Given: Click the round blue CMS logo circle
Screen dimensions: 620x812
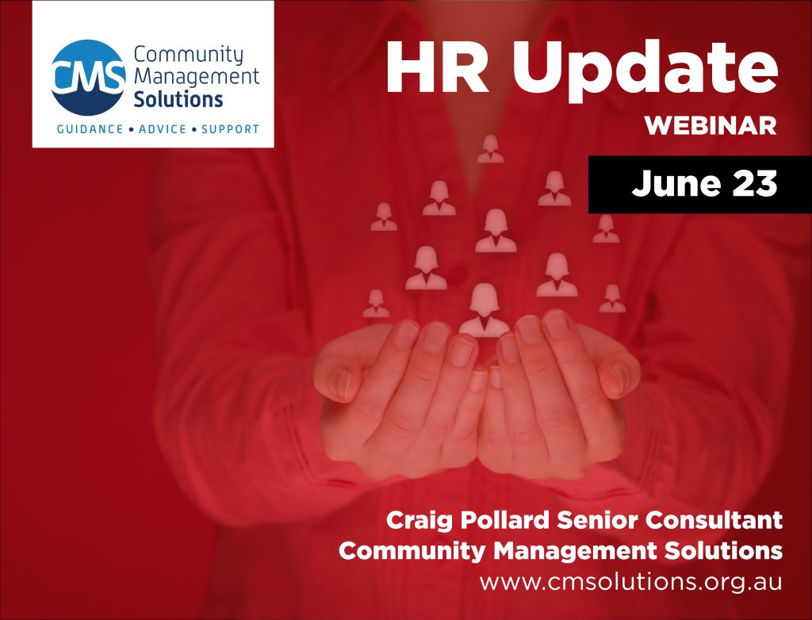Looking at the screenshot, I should [87, 77].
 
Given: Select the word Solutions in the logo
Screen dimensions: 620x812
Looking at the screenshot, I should [178, 100].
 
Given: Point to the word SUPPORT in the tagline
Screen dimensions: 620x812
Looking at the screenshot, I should [230, 128].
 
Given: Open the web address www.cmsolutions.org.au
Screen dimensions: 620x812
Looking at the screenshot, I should [630, 581].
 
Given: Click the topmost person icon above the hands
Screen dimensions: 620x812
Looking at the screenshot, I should [490, 148].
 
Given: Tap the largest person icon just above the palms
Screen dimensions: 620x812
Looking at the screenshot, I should [485, 310].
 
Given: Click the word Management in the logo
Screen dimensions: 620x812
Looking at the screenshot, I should [197, 78].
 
